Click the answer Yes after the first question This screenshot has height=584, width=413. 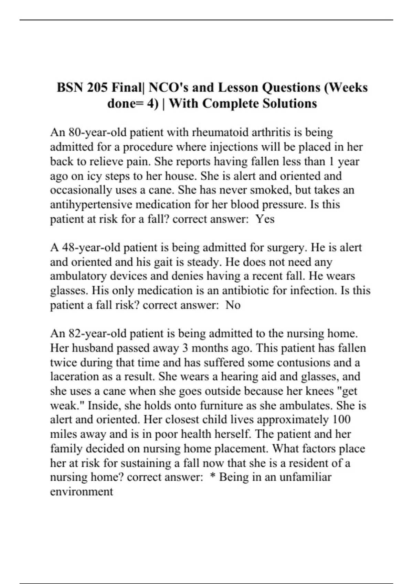[x=265, y=219]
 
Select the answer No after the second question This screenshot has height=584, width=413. [x=233, y=305]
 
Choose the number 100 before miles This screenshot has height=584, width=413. [x=342, y=419]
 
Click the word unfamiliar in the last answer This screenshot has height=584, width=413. [x=304, y=477]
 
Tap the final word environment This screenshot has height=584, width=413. [x=82, y=492]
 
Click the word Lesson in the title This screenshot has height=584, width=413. [x=238, y=88]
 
